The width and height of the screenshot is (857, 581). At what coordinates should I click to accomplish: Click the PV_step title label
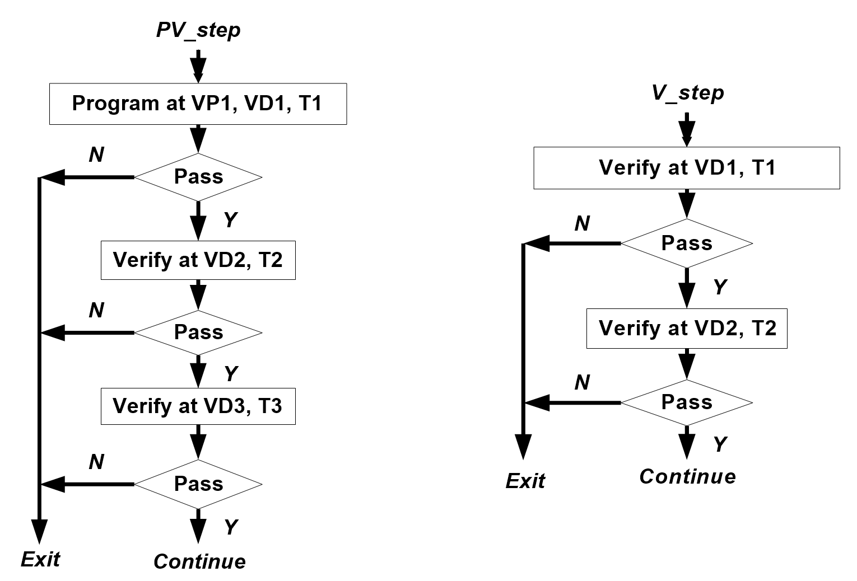198,30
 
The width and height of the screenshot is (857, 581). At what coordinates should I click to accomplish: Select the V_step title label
687,93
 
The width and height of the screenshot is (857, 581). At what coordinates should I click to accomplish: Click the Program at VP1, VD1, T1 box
198,104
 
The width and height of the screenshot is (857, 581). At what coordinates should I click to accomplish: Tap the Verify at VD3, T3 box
198,406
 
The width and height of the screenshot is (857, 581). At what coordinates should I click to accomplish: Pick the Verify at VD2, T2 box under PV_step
198,260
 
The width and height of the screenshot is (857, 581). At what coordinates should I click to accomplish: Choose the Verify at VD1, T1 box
686,168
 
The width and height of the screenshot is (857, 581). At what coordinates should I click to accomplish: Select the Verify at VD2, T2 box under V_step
687,329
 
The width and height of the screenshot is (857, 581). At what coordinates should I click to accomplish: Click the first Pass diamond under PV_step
198,177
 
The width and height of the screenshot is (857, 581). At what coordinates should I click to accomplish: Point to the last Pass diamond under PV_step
198,484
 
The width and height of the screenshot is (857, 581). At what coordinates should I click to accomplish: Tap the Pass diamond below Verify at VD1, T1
687,243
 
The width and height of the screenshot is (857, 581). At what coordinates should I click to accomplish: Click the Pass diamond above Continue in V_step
687,402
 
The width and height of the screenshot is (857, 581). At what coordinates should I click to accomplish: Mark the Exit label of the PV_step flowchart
40,559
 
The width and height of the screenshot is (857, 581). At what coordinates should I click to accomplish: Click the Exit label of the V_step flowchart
525,481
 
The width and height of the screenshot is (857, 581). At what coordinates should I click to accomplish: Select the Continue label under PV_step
199,561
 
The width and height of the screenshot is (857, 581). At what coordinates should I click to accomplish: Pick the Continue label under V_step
687,476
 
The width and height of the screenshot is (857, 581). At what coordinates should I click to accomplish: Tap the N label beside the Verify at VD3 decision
96,462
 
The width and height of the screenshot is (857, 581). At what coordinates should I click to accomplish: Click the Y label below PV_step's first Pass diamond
230,220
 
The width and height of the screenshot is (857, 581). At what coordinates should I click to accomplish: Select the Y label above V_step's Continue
720,444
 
